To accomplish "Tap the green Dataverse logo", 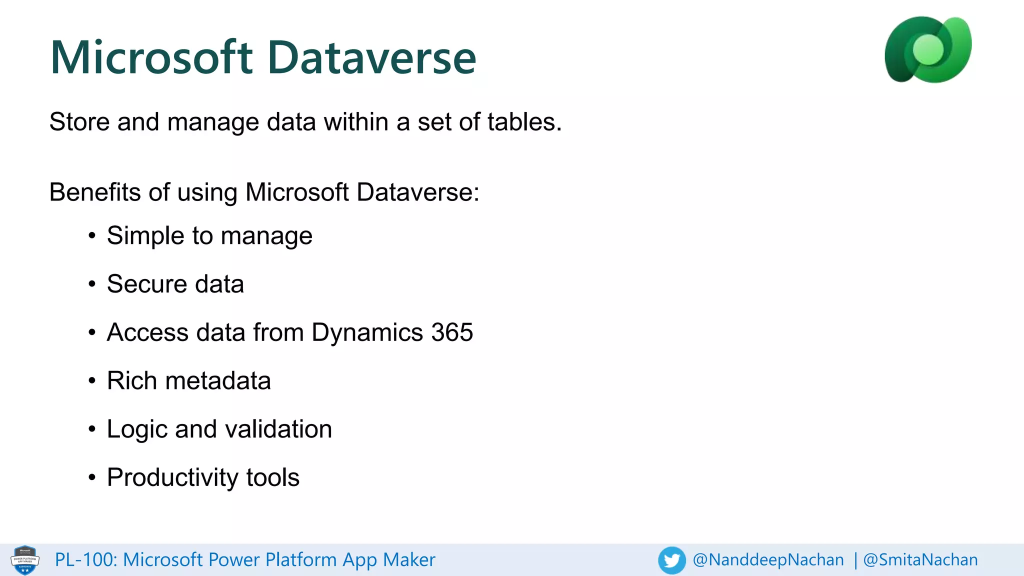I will (x=928, y=49).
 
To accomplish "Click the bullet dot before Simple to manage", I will (x=91, y=235).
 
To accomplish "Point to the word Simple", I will (x=145, y=235).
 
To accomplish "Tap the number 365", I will (x=452, y=332).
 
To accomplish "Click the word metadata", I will (x=218, y=381).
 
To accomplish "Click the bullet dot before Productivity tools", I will (x=91, y=477).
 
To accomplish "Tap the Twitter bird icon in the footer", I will (x=671, y=560).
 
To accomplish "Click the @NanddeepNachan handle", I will (x=768, y=560).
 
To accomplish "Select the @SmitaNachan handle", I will (x=920, y=560).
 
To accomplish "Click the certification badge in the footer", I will (x=25, y=560).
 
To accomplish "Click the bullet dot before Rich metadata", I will (x=91, y=381).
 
